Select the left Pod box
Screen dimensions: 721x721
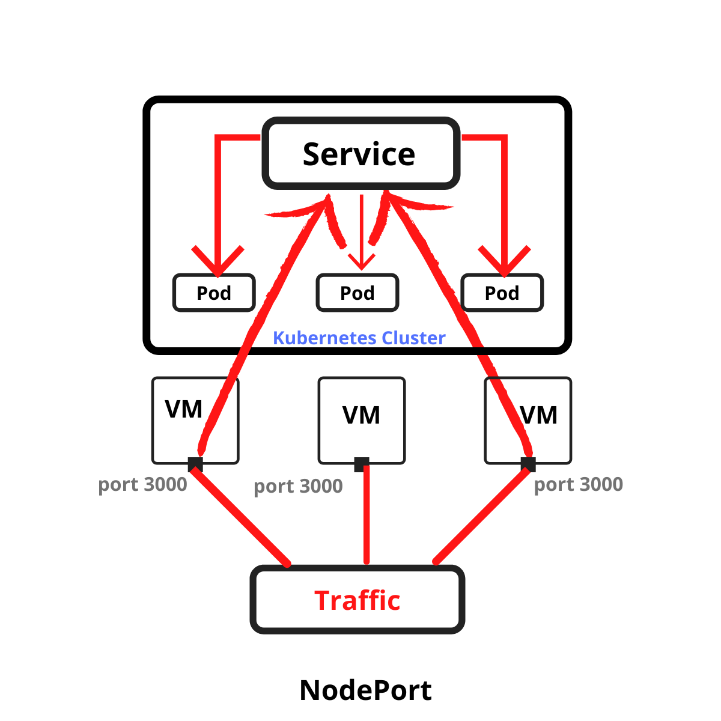214,293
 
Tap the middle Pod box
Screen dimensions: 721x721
357,293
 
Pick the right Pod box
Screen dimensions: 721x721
502,293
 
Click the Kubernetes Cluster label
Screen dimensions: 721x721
359,338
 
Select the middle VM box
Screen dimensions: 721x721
361,420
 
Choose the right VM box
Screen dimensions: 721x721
528,420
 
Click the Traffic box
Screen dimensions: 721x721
357,600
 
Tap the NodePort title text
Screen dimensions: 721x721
365,690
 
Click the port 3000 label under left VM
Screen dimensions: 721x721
142,484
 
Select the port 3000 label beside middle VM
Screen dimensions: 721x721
298,486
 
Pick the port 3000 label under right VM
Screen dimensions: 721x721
578,484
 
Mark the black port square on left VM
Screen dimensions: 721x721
195,464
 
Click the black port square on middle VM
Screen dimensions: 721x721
361,464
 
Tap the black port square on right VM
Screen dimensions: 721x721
528,464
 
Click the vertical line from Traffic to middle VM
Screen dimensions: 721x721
367,517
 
